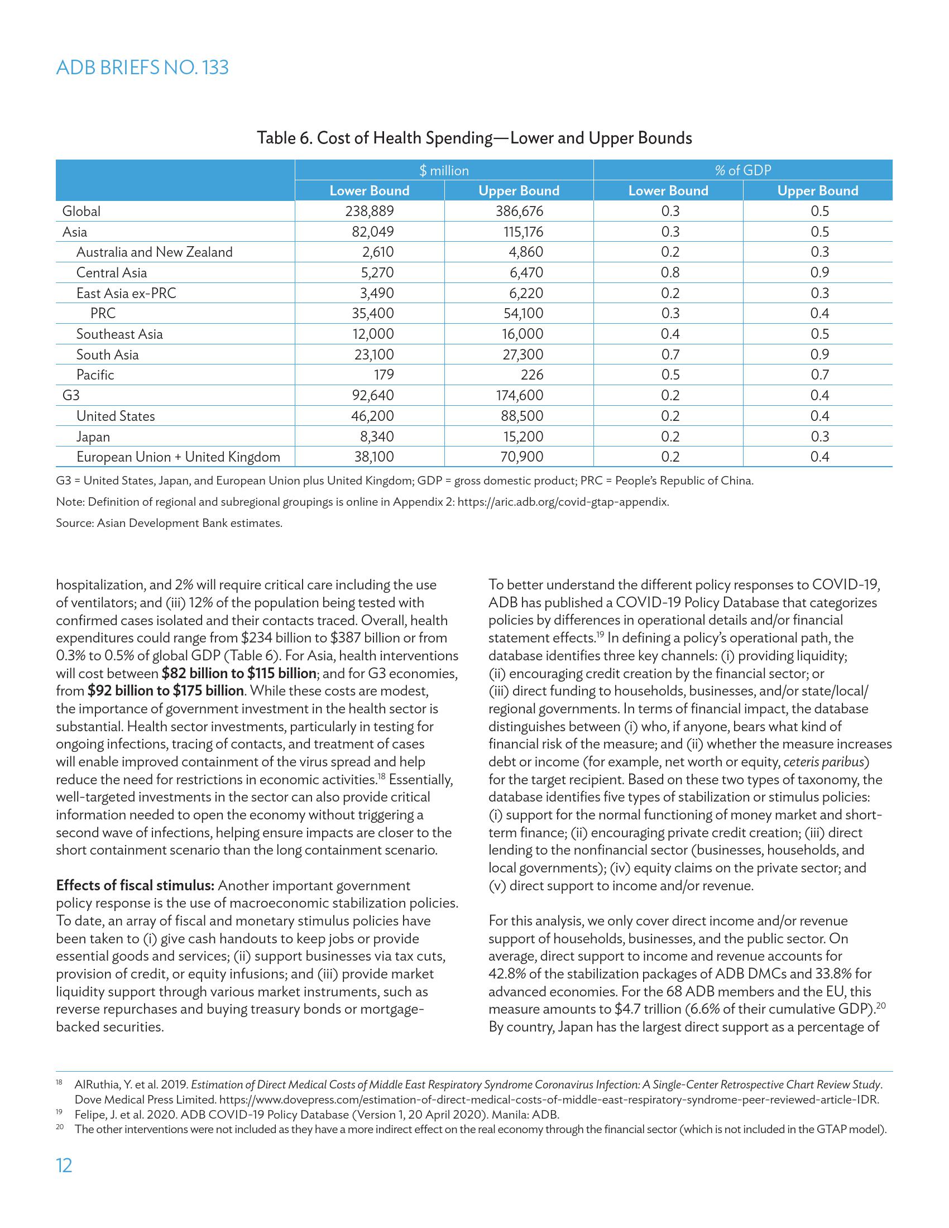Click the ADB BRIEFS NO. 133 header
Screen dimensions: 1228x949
click(x=142, y=68)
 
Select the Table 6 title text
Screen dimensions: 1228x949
click(x=474, y=138)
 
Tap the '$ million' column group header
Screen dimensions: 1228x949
click(x=444, y=170)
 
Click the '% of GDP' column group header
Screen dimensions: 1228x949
click(x=742, y=170)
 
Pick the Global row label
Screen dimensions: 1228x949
click(x=82, y=212)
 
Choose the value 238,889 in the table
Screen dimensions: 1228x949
click(x=370, y=212)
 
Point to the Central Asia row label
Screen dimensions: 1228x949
click(x=111, y=273)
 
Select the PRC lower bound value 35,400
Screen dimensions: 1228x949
click(x=373, y=313)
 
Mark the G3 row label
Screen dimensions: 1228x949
click(x=71, y=395)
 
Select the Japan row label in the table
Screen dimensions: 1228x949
click(x=93, y=436)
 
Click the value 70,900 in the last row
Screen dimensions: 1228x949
click(x=522, y=457)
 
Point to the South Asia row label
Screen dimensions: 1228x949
click(x=107, y=354)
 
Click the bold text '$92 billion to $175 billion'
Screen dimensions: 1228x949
click(x=165, y=690)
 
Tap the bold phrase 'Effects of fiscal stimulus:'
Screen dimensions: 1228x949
click(x=135, y=886)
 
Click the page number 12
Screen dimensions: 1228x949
click(x=65, y=1165)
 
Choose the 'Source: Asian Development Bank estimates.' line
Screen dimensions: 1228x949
click(x=169, y=523)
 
